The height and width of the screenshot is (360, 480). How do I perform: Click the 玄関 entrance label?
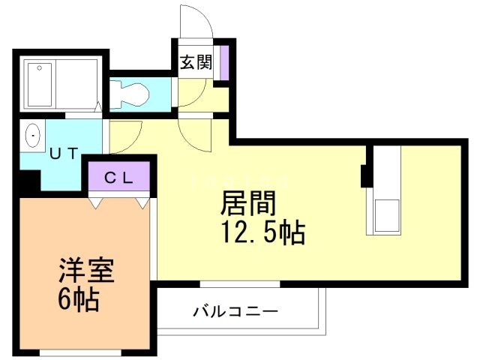click(x=195, y=63)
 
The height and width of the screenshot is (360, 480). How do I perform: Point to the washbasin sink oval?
click(x=34, y=136)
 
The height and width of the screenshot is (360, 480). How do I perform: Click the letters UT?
click(x=63, y=154)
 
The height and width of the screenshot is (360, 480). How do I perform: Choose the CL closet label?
click(x=118, y=178)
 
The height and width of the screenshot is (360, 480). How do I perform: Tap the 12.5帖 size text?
click(x=262, y=234)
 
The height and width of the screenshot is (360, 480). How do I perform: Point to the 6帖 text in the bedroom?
click(x=79, y=300)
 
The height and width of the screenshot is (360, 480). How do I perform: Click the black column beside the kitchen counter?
click(x=365, y=176)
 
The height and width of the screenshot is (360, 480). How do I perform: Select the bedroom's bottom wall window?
click(x=79, y=352)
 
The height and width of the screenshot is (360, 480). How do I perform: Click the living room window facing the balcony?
click(x=240, y=284)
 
